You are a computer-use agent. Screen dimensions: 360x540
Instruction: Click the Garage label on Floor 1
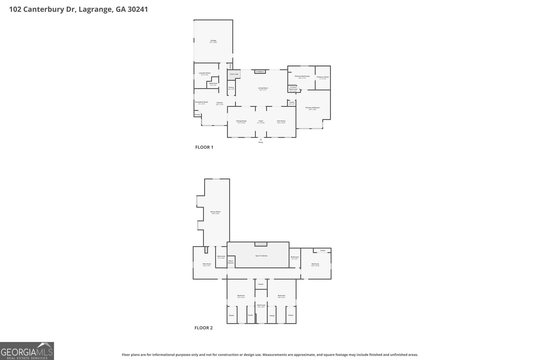(213, 41)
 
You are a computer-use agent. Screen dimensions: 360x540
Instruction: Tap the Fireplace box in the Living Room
(260, 72)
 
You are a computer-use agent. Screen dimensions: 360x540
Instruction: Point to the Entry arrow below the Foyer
(261, 140)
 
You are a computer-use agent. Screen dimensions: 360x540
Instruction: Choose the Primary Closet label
(323, 77)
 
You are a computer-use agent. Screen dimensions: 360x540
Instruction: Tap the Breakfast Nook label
(201, 102)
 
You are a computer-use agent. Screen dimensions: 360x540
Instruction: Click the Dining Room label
(241, 121)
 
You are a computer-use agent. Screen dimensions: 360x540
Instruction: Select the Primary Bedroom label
(313, 108)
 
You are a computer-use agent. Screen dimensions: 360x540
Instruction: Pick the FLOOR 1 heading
(204, 147)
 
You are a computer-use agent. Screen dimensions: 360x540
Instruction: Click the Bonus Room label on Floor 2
(215, 212)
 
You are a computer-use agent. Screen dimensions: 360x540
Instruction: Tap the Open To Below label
(261, 256)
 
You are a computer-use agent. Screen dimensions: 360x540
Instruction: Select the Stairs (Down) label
(231, 261)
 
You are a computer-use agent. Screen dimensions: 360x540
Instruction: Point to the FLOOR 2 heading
(204, 328)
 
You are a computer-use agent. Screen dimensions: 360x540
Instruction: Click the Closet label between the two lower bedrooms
(261, 284)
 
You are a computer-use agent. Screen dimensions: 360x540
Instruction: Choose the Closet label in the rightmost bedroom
(323, 250)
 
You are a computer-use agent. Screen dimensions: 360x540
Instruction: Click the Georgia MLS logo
(27, 351)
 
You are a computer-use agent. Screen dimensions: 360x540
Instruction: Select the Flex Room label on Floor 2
(207, 264)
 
